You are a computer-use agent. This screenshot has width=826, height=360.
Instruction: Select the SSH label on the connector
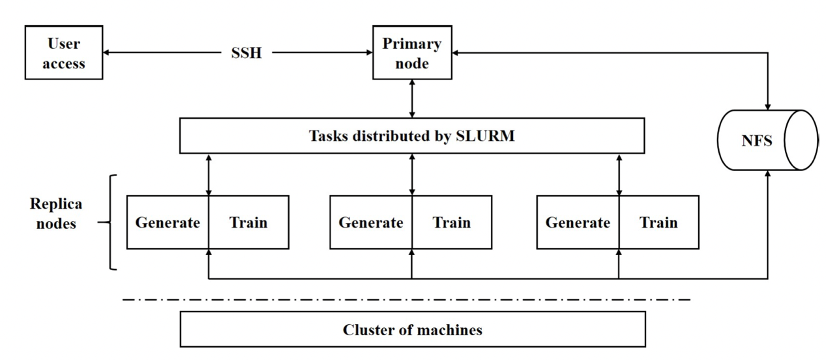246,53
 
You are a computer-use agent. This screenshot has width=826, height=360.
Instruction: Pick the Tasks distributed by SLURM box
411,136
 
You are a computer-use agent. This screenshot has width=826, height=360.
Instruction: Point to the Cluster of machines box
412,329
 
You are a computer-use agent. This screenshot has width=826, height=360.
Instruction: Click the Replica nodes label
56,213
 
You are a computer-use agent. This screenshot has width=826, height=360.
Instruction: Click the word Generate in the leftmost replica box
168,222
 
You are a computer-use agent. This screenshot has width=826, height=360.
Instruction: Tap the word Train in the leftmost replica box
248,222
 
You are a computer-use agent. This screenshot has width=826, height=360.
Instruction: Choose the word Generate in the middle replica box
370,222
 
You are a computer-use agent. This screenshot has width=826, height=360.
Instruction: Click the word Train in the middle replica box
452,222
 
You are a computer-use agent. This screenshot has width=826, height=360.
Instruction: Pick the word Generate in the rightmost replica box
578,222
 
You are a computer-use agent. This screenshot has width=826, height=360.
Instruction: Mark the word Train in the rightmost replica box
658,222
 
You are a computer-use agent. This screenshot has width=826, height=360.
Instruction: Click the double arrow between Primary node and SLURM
411,100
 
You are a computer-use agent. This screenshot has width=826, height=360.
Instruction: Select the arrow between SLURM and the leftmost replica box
209,174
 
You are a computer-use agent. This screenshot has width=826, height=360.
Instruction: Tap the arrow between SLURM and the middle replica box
412,174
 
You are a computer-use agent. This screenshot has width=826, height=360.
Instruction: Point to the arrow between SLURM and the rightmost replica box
619,174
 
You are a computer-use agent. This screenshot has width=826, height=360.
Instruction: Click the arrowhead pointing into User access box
108,53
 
